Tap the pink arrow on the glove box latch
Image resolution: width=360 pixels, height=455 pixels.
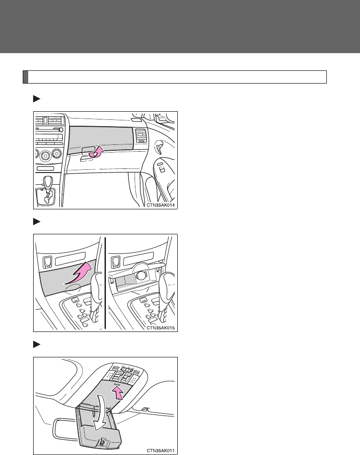click(x=97, y=152)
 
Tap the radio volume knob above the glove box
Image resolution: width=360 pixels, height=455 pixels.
click(x=60, y=130)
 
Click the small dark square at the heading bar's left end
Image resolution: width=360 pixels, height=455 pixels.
click(x=25, y=77)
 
